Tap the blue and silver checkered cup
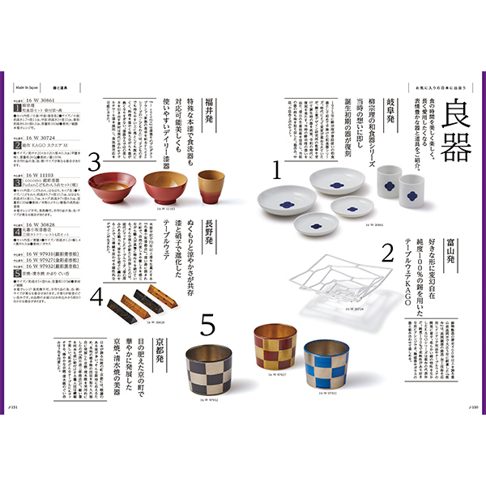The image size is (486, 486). pyautogui.click(x=324, y=364)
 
